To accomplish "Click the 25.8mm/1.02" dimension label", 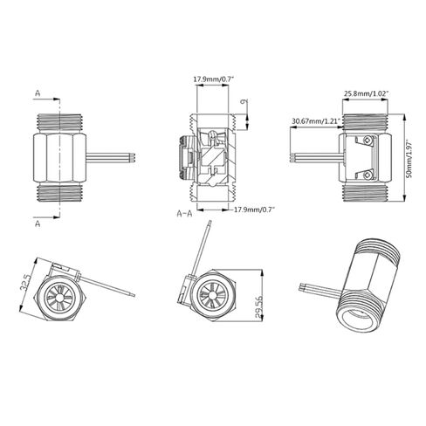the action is (x=367, y=93).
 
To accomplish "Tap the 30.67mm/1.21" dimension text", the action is (x=316, y=120).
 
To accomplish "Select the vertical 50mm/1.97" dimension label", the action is (x=409, y=159).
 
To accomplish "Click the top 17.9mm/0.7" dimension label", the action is (x=214, y=79).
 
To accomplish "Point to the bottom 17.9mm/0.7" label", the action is (x=254, y=210).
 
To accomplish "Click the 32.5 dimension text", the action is (x=24, y=281).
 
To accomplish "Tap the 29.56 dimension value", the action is (x=258, y=307).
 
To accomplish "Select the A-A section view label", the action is (x=184, y=214).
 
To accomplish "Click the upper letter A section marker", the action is (x=38, y=93).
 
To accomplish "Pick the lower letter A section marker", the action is (x=38, y=223).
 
